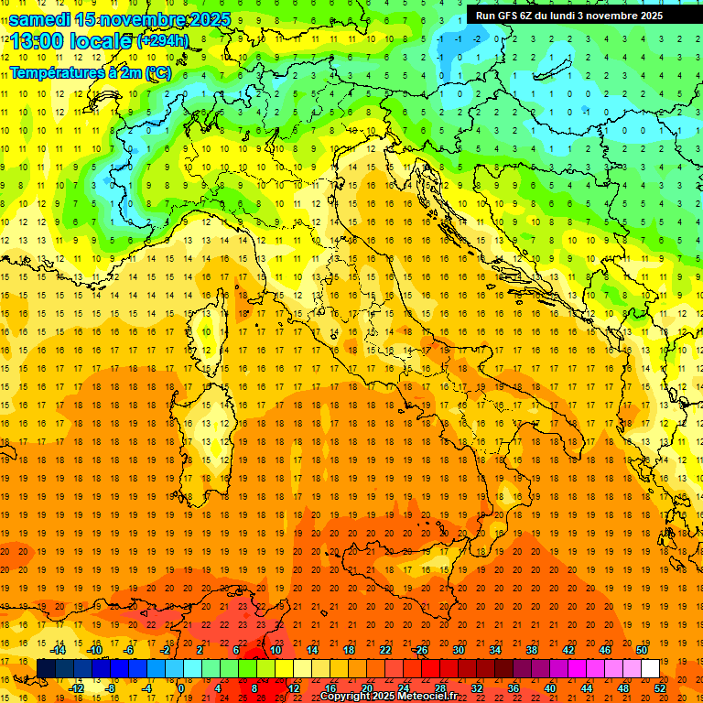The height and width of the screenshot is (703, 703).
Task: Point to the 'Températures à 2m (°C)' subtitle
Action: pos(90,72)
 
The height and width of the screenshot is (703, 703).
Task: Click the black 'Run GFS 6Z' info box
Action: pos(581,15)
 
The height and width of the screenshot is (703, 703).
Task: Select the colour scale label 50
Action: pos(641,650)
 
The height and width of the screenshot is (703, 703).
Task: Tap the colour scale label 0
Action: pos(181,688)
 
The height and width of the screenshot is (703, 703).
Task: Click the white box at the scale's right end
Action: pos(650,668)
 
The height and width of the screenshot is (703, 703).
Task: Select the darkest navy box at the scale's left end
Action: pos(46,668)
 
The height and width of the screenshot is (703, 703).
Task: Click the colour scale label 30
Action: pos(458,650)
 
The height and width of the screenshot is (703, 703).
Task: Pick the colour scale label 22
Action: pos(384,650)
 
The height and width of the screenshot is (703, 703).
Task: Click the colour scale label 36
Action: pos(513,688)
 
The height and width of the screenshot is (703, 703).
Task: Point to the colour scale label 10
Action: pos(276,650)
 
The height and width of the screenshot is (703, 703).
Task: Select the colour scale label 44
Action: pos(587,688)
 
